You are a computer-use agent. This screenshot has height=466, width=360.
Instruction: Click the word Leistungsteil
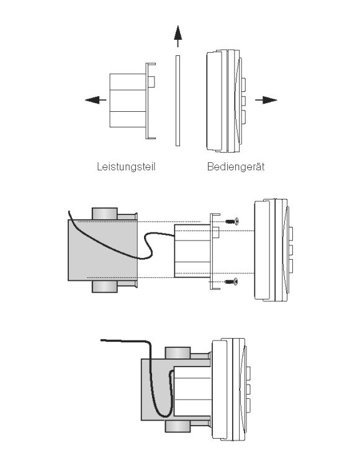click(x=126, y=167)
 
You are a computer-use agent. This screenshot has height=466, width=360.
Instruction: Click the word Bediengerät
click(x=236, y=167)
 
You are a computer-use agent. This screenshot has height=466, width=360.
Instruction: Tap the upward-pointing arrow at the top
click(x=178, y=36)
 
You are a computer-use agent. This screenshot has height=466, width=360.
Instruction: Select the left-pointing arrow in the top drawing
click(x=96, y=100)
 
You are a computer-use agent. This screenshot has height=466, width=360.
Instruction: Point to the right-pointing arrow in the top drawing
click(x=266, y=100)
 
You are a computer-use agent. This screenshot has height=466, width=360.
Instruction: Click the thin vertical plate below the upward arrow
click(x=178, y=101)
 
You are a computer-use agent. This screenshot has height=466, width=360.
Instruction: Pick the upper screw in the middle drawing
click(x=232, y=221)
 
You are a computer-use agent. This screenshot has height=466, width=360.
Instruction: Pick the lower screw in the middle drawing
click(x=232, y=281)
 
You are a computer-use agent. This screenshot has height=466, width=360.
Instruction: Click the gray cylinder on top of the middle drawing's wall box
click(x=105, y=214)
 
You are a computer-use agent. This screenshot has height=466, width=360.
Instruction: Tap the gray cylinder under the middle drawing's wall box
click(x=105, y=286)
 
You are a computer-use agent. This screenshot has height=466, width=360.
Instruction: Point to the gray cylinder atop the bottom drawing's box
click(x=178, y=353)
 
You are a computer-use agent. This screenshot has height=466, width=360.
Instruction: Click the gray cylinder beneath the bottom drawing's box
click(x=178, y=426)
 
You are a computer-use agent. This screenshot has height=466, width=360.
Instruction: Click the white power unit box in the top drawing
click(x=128, y=101)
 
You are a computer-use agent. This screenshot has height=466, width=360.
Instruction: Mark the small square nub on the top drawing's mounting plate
click(x=151, y=82)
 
